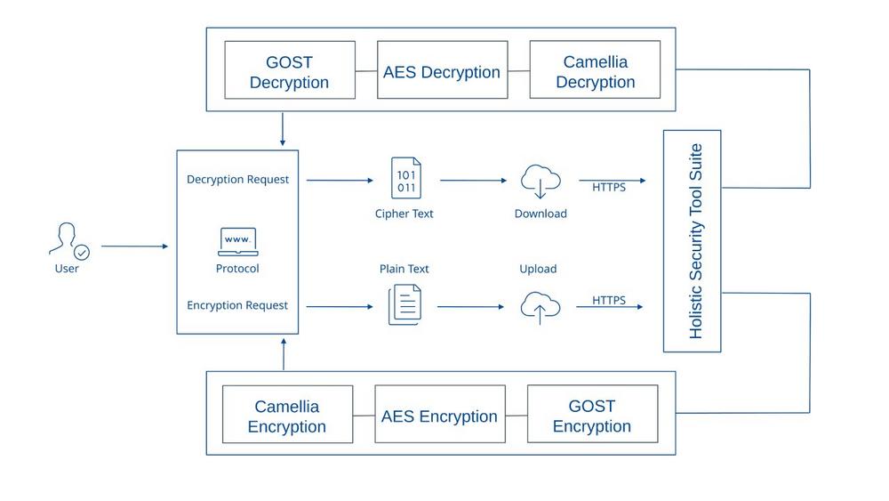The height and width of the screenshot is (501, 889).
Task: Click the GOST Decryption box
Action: point(289,70)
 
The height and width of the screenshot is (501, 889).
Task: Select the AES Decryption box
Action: point(442,70)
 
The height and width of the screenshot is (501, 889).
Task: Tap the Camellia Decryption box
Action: point(595,70)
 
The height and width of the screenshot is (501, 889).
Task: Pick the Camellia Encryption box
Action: point(287,415)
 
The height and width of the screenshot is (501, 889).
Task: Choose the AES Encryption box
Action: point(439,415)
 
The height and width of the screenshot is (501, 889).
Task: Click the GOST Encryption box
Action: point(592,415)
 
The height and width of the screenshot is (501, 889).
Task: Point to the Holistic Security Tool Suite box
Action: point(693,240)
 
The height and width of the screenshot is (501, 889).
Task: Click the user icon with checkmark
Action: point(68,240)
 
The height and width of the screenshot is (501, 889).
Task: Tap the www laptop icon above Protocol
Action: point(237,241)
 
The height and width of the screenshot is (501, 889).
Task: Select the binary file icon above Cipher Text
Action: point(405,178)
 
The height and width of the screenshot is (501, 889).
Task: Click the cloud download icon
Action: point(540,181)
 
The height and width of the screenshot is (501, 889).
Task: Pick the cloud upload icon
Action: point(540,307)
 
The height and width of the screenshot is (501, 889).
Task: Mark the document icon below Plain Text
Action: point(404,304)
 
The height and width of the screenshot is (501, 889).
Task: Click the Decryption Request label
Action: point(237,179)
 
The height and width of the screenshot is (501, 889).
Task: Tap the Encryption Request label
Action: point(237,305)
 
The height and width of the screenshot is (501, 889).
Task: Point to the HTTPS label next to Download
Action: point(609,187)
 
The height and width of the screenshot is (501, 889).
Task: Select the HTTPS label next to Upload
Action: point(609,300)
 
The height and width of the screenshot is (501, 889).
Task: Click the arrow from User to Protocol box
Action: point(134,246)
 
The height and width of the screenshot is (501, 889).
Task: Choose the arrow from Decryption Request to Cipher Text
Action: point(340,181)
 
